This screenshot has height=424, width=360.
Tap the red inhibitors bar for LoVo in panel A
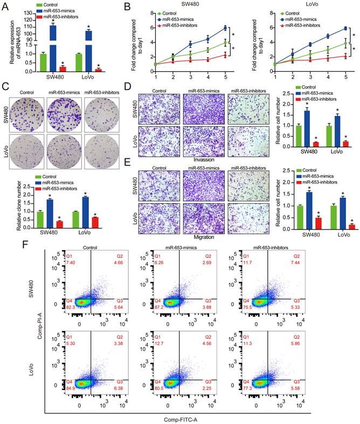click(x=99, y=69)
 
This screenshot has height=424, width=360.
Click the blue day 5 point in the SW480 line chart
click(x=225, y=28)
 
